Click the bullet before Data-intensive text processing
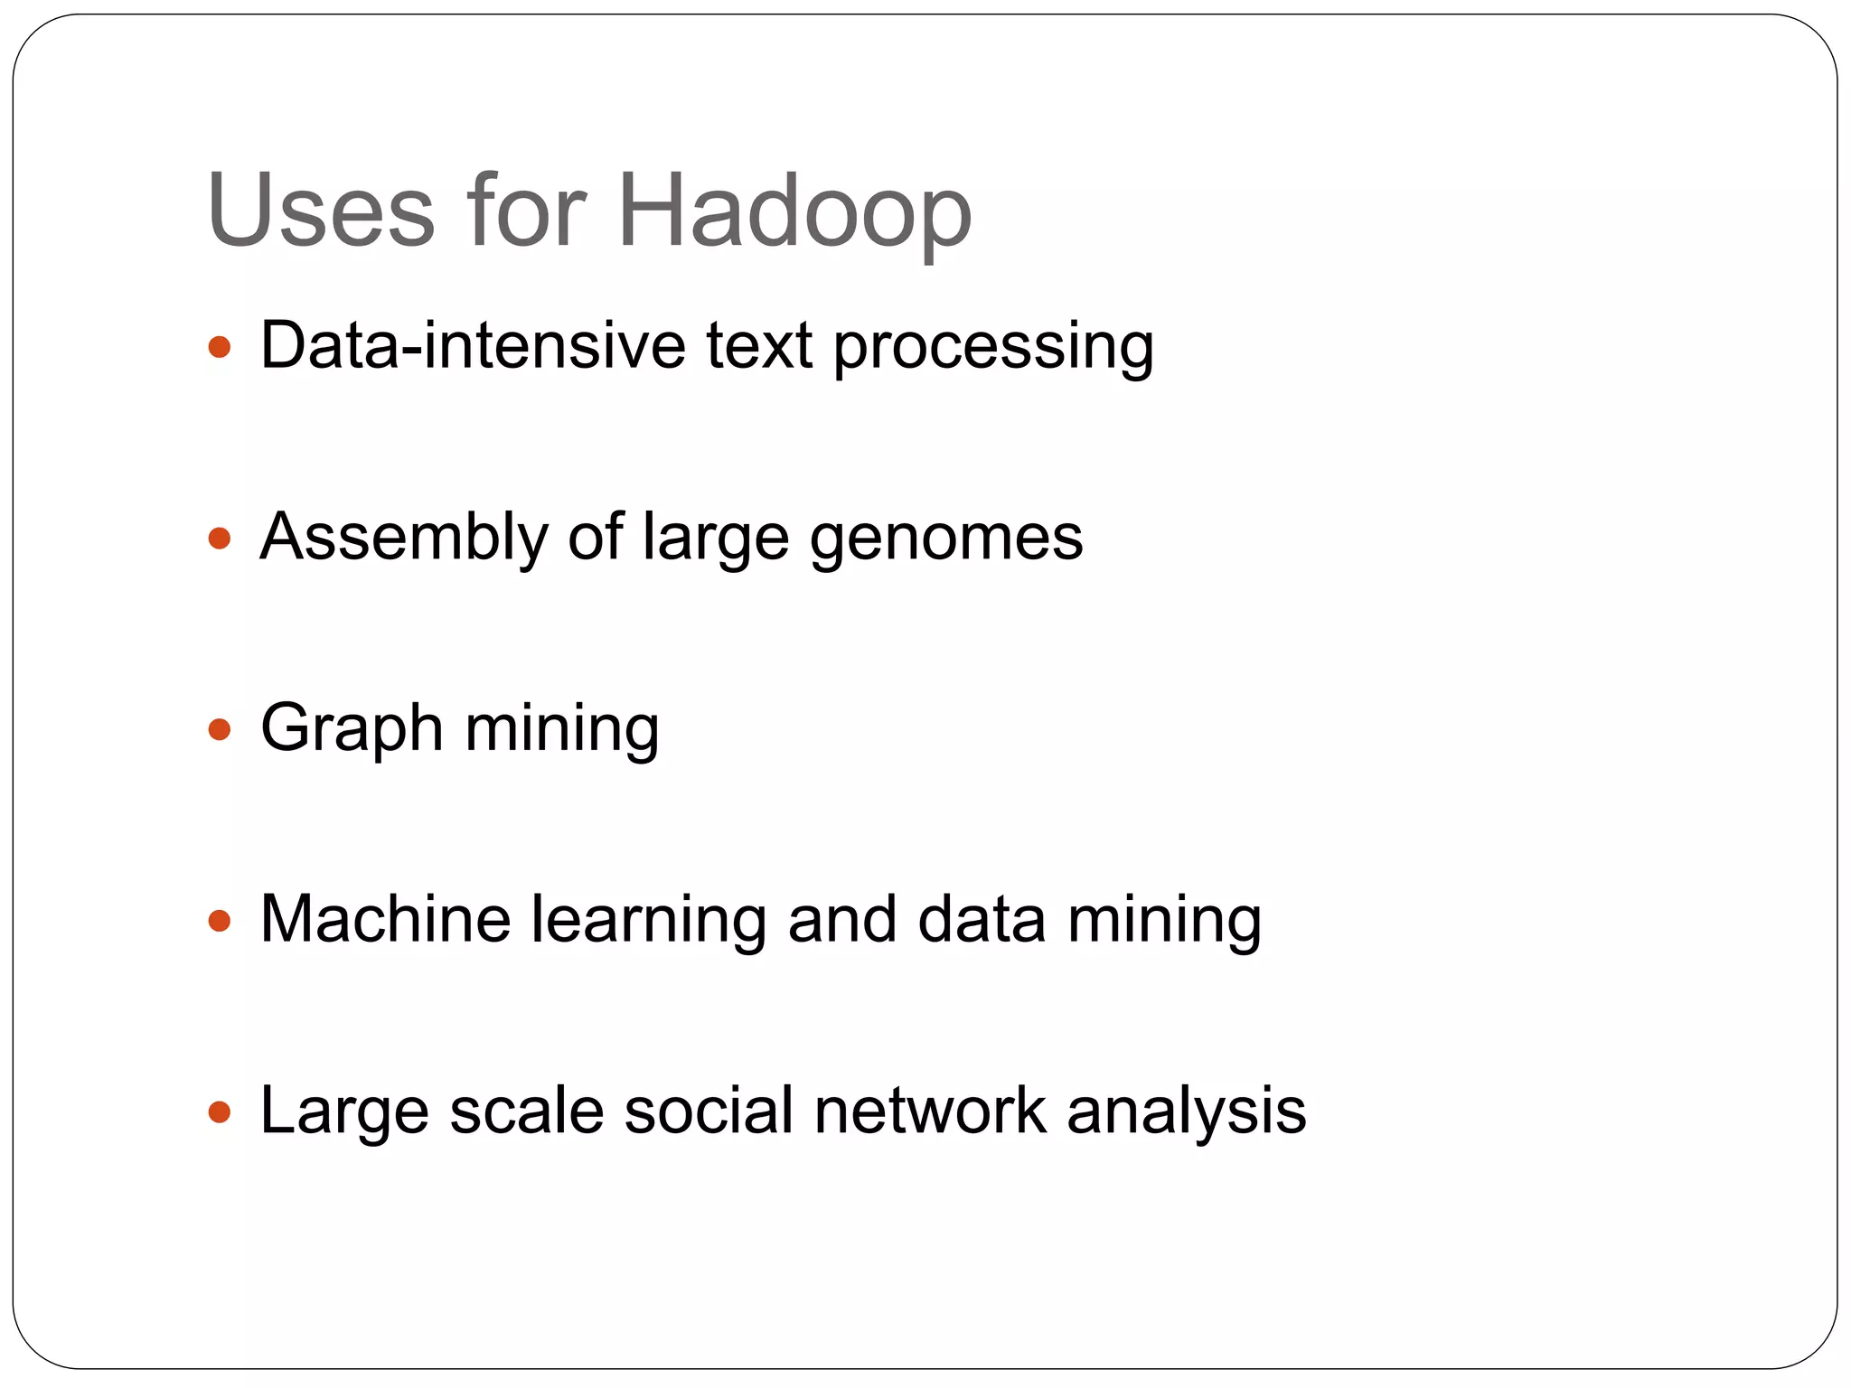click(219, 347)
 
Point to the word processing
click(993, 347)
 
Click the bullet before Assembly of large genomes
click(219, 539)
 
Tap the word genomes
click(946, 539)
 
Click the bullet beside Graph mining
click(219, 729)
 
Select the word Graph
click(352, 729)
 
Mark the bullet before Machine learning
click(219, 921)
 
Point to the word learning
click(648, 921)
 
